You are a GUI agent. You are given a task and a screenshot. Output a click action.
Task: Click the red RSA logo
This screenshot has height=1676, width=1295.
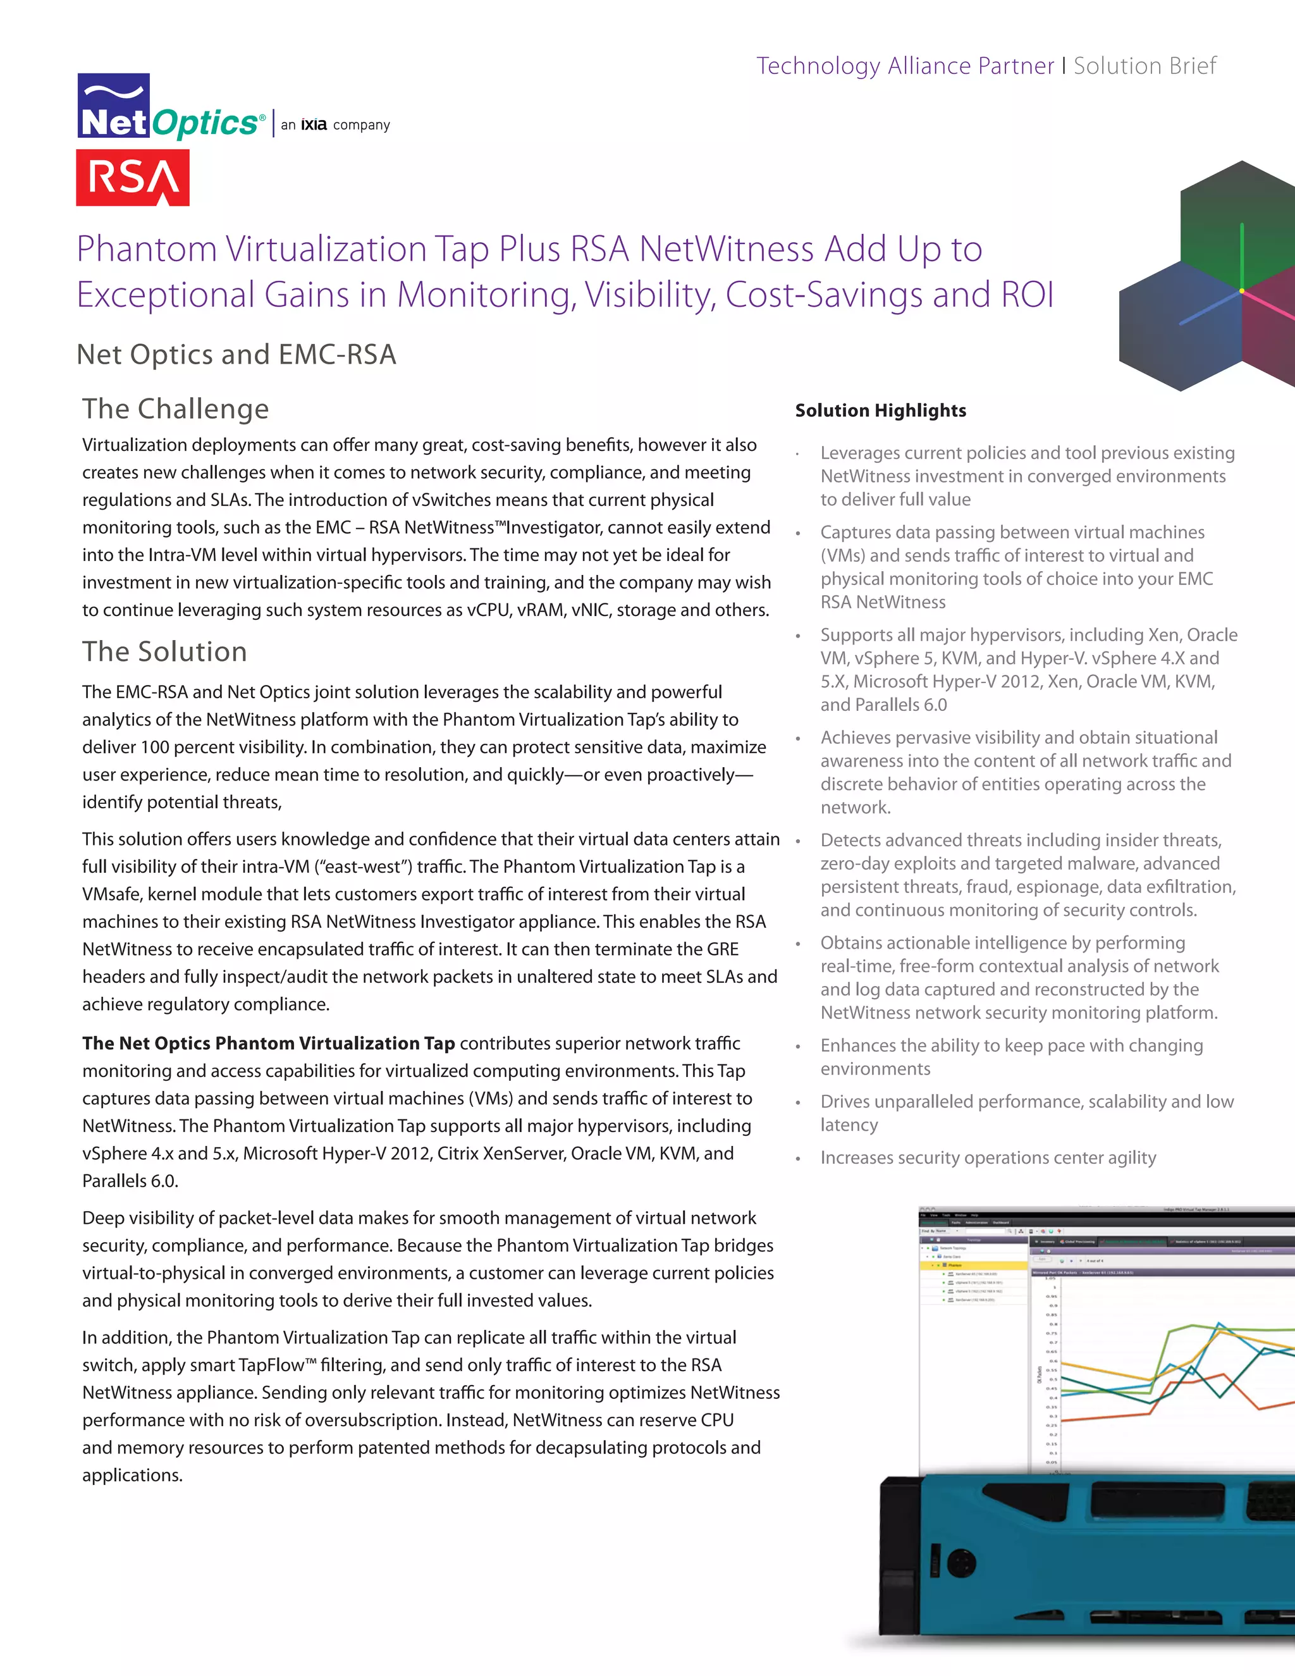(x=133, y=177)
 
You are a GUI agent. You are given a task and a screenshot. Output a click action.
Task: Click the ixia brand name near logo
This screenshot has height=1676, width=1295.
(x=313, y=125)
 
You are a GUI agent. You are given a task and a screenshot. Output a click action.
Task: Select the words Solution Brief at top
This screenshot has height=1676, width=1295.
(x=1144, y=66)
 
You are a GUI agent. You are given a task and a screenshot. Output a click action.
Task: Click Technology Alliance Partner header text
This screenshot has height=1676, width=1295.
(x=904, y=66)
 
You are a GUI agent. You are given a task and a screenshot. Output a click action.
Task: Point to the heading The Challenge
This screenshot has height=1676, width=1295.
(x=176, y=409)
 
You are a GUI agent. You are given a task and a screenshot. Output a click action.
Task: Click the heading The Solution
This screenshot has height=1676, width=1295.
(x=165, y=651)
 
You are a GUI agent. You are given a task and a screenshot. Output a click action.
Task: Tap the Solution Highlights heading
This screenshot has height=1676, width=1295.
(x=880, y=410)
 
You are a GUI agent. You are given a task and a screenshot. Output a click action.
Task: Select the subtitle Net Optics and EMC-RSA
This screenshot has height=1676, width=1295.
(x=236, y=355)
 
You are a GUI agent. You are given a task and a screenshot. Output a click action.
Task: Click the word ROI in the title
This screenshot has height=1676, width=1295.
(x=1026, y=295)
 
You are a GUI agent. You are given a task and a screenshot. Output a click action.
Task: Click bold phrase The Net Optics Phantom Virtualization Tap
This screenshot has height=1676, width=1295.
(x=269, y=1043)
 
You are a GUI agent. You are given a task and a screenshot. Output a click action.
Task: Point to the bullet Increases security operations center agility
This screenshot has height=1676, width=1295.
(x=987, y=1157)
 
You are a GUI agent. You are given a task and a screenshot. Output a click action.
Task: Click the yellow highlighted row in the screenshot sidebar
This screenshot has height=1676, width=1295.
(x=973, y=1265)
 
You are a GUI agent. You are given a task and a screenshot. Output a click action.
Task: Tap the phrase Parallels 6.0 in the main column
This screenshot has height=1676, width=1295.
(x=130, y=1181)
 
